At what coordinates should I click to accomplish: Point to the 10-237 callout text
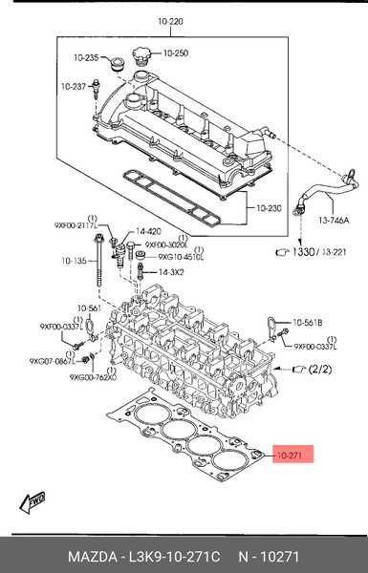(75, 87)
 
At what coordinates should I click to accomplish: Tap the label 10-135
(75, 260)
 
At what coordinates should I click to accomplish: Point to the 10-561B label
(309, 323)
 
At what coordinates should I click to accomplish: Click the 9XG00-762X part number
(93, 378)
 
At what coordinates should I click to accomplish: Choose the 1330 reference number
(303, 252)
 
